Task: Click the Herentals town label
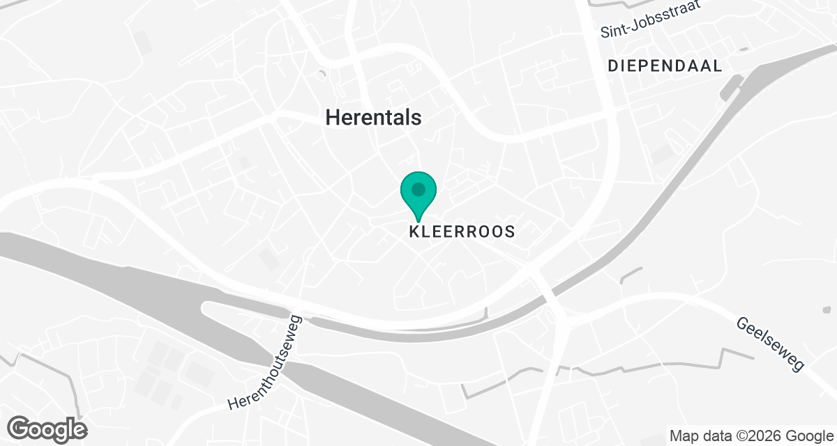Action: tap(374, 118)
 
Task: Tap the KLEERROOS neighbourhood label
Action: tap(461, 231)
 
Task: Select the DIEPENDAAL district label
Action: tap(664, 66)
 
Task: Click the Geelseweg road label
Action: tap(769, 344)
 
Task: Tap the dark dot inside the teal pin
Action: tap(418, 189)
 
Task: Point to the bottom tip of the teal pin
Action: tap(418, 222)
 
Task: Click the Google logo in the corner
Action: tap(47, 429)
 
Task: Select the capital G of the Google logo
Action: tap(20, 428)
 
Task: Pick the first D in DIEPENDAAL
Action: tap(613, 66)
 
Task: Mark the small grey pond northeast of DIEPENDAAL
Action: tap(744, 49)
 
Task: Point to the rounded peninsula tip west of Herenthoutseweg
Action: tap(205, 309)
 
